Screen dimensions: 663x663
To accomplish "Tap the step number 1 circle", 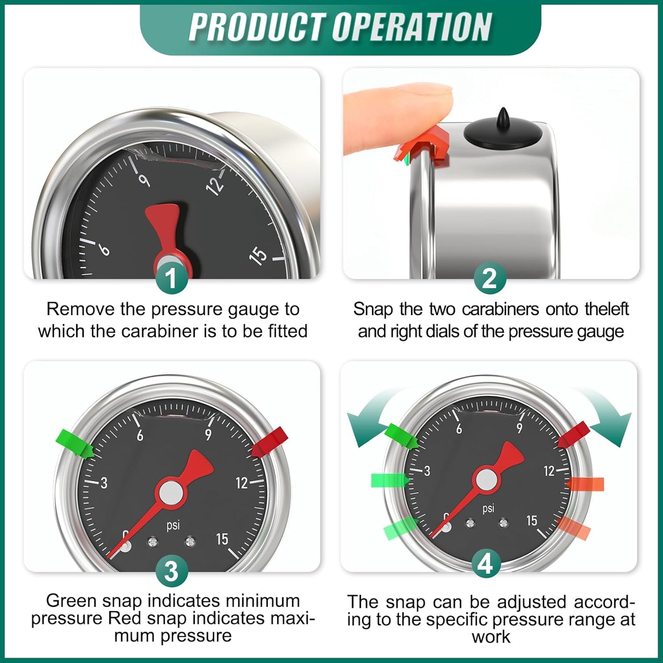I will point(171,278).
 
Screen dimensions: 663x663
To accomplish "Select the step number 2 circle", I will point(490,278).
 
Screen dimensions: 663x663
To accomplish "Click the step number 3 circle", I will point(171,571).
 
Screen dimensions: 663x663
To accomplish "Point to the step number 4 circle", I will point(486,563).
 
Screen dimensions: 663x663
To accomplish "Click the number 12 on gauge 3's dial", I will point(242,483).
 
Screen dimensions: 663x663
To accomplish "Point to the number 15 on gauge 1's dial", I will point(258,255).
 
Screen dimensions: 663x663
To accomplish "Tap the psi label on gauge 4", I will point(488,508).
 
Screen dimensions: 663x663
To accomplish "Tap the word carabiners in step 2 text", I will point(501,310).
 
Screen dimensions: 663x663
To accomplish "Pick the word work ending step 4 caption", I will point(490,637).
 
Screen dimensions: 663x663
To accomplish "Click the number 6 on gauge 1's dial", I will point(105,250).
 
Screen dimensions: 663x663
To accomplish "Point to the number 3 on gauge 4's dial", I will point(427,471).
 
